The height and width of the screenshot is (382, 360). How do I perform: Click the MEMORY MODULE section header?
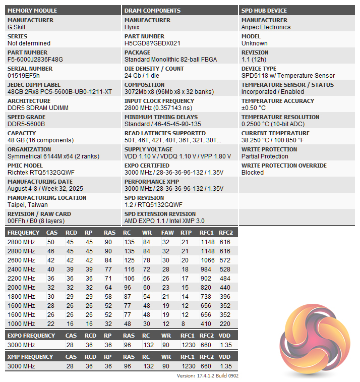[32, 11]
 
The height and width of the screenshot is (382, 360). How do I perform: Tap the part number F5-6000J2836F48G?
[35, 60]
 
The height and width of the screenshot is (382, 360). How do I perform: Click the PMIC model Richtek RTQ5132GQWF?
[41, 173]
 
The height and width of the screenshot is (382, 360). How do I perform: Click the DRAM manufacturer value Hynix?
[133, 27]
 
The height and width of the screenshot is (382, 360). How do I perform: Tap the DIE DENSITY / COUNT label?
[154, 69]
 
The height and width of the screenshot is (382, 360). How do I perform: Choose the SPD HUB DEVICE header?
[264, 11]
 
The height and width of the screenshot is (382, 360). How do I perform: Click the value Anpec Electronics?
[266, 27]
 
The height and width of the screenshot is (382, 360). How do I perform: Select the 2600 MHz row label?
[21, 260]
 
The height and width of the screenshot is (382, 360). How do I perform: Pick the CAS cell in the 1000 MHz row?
[51, 323]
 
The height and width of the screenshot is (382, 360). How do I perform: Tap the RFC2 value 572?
[225, 260]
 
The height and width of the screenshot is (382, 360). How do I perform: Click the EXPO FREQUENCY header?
[31, 336]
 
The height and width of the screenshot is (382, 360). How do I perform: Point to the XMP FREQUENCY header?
[30, 357]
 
